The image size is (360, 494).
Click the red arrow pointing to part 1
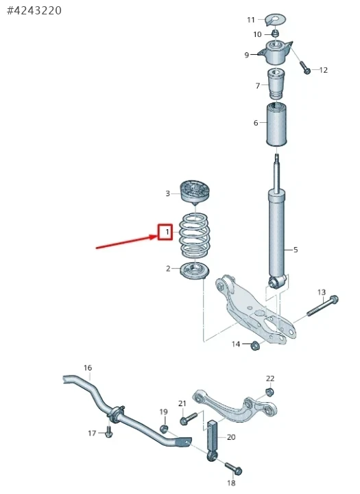coord(127,242)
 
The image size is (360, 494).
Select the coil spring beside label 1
coord(195,235)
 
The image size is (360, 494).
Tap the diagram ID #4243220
coord(34,10)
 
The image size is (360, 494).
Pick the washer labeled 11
coord(275,19)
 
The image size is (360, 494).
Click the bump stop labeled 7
coord(276,84)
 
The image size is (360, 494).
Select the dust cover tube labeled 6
coord(276,124)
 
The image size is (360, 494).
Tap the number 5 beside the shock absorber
coord(296,250)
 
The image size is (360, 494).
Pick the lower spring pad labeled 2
coord(195,270)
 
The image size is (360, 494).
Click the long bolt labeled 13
coord(322,305)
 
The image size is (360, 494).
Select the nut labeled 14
coord(254,346)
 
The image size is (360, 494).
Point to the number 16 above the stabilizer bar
coord(88,368)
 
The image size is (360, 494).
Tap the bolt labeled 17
coord(109,432)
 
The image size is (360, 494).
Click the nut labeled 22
coord(269,392)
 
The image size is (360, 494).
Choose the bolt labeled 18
coord(234,468)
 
